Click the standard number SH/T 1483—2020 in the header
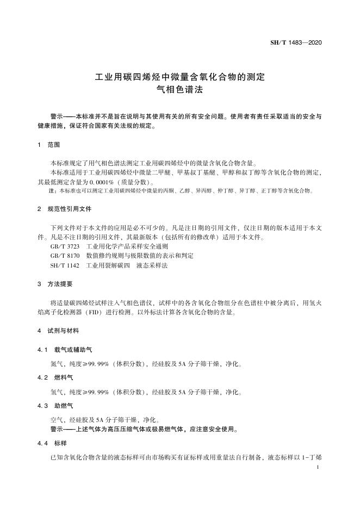tap(296, 42)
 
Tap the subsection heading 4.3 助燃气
tap(61, 405)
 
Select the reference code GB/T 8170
tap(65, 256)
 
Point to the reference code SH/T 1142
tap(64, 265)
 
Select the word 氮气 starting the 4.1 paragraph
tap(56, 363)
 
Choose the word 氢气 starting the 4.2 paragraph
tap(56, 392)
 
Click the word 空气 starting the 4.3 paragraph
tap(56, 420)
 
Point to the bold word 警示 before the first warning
tap(57, 116)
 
